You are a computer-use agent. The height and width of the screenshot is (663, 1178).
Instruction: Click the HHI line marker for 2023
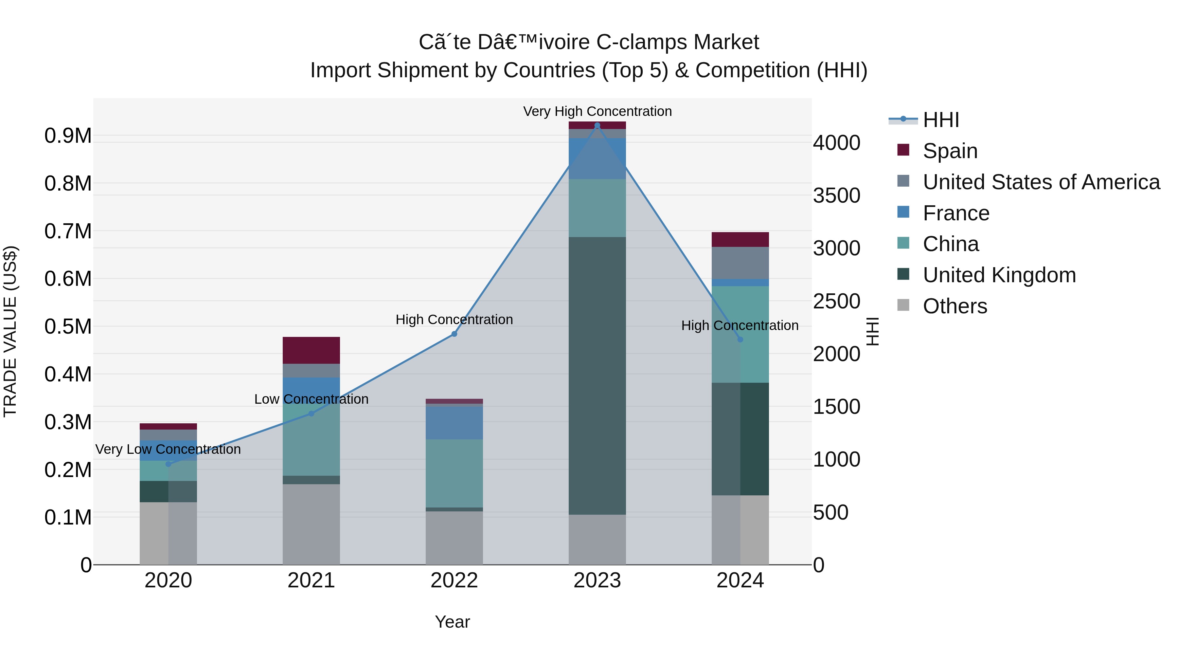tap(597, 125)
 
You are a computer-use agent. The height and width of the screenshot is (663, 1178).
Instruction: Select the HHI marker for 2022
tap(454, 334)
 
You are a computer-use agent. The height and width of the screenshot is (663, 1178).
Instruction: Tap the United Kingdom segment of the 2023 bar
tap(597, 375)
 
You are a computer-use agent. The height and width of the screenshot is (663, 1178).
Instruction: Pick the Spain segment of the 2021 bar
tap(311, 350)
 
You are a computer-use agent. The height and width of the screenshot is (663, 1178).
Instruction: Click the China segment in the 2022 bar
tap(454, 473)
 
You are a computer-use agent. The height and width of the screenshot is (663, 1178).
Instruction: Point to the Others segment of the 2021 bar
tap(311, 524)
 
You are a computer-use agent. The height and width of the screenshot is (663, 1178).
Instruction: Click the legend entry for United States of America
tap(1041, 182)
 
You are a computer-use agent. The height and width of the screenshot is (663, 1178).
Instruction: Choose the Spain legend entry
tap(950, 151)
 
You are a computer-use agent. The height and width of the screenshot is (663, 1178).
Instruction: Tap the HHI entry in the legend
tap(941, 120)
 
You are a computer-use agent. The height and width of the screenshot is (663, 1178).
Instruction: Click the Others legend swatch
tap(903, 305)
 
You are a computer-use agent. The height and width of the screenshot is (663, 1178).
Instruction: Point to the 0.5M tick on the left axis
tap(68, 327)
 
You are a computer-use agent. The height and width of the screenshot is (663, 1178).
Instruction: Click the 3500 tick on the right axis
tap(836, 196)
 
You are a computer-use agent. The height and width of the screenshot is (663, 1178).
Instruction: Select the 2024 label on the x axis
tap(740, 580)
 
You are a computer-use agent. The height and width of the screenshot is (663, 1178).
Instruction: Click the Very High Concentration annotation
tap(597, 111)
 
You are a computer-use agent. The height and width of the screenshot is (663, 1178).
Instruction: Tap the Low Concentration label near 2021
tap(311, 399)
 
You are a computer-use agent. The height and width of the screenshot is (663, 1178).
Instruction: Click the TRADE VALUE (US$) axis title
tap(10, 331)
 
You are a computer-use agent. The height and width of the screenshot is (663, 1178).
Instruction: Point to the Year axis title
tap(452, 622)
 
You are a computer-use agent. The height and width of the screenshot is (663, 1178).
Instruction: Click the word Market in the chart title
tap(726, 42)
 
